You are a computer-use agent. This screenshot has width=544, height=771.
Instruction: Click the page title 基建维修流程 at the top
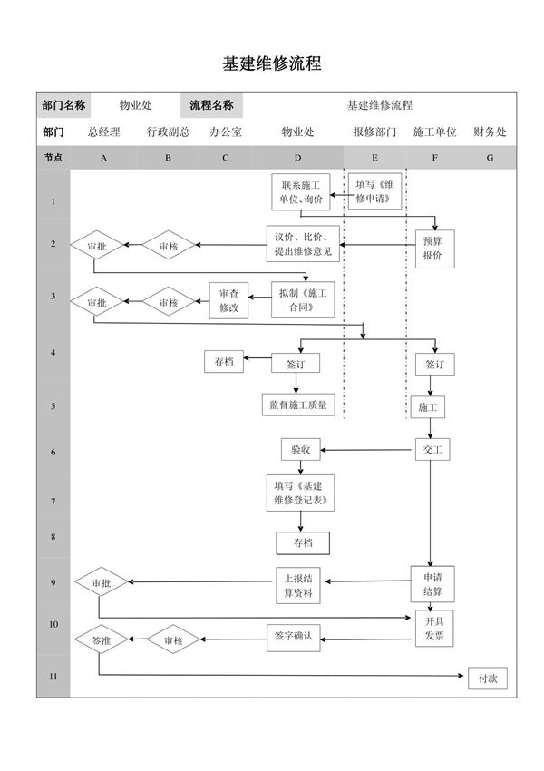[x=272, y=64]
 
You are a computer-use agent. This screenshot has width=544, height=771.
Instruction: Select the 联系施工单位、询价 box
[x=302, y=192]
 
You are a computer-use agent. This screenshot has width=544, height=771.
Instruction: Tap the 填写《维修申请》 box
[x=375, y=192]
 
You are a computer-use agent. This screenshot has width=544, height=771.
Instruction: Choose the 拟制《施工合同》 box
[x=301, y=300]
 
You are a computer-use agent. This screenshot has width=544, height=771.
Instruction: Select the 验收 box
[x=301, y=450]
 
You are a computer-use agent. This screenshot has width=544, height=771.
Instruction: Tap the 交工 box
[x=432, y=450]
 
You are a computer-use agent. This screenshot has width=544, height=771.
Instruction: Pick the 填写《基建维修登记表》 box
[x=301, y=493]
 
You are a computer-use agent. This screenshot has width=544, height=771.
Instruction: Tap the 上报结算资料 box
[x=299, y=585]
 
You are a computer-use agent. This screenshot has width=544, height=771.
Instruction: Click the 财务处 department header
[x=490, y=132]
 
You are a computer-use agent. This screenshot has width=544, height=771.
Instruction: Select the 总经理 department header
[x=103, y=132]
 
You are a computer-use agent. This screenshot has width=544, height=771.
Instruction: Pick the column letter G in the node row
[x=490, y=157]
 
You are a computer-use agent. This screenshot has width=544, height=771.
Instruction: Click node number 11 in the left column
[x=53, y=677]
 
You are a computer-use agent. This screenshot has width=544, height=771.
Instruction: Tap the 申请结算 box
[x=432, y=585]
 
